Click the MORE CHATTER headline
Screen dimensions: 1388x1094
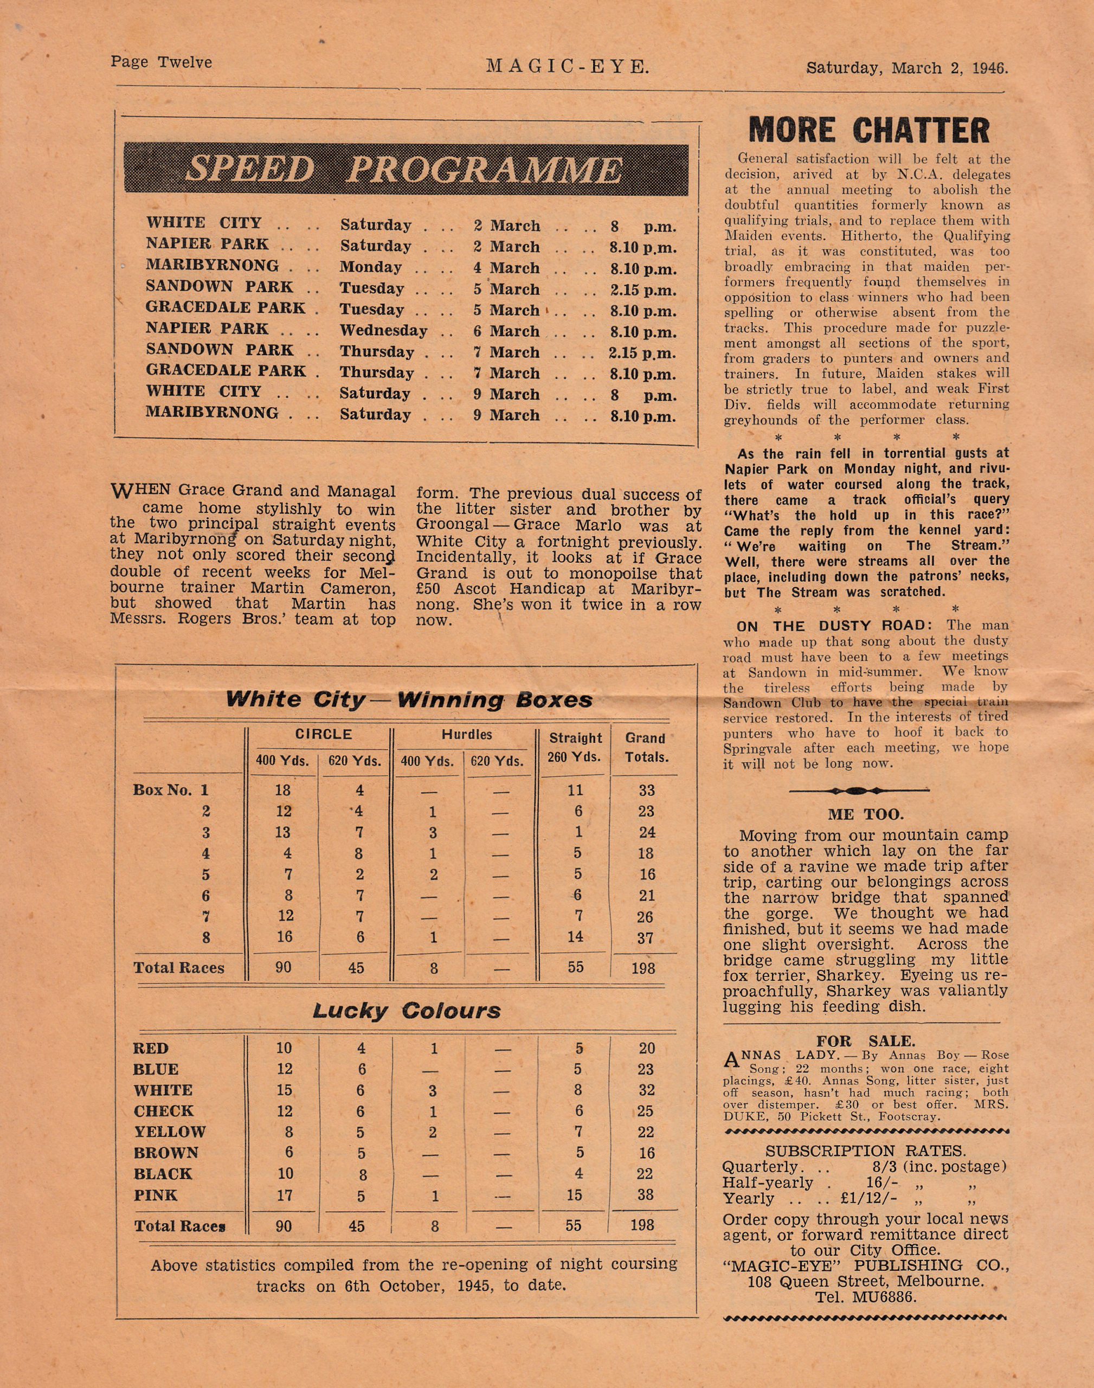869,130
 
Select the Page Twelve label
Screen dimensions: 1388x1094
161,62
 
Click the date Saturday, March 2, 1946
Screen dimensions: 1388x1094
907,67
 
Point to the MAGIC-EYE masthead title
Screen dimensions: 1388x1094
568,66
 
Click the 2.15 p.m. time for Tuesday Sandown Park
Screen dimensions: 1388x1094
642,290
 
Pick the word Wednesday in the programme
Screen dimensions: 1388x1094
383,331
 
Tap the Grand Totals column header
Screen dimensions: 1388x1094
646,748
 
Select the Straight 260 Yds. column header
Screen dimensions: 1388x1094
575,748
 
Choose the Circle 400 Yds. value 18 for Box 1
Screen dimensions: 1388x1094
282,791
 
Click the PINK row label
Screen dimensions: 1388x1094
156,1194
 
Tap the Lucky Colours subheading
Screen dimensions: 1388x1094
407,1011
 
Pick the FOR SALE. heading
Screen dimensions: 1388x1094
866,1041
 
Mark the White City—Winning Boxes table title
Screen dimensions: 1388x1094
409,699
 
